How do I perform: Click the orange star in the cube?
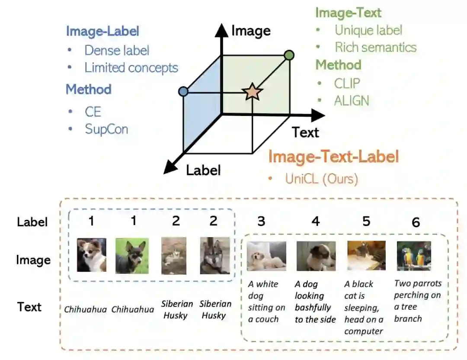[252, 92]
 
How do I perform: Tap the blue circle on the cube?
[183, 92]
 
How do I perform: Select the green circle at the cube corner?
[289, 55]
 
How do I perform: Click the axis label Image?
[251, 31]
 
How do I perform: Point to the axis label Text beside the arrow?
[305, 132]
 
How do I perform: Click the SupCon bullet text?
[106, 129]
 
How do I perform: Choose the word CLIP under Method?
[347, 83]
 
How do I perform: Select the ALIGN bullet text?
[352, 101]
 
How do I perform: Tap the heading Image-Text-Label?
[333, 157]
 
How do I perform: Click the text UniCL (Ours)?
[322, 178]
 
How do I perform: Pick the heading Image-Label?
[102, 31]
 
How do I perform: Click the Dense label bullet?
[117, 50]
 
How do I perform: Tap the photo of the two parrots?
[414, 256]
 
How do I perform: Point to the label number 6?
[416, 222]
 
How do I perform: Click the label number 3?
[261, 221]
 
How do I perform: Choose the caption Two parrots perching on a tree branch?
[418, 301]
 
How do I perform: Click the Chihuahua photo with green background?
[132, 256]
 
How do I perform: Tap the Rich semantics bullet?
[375, 47]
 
